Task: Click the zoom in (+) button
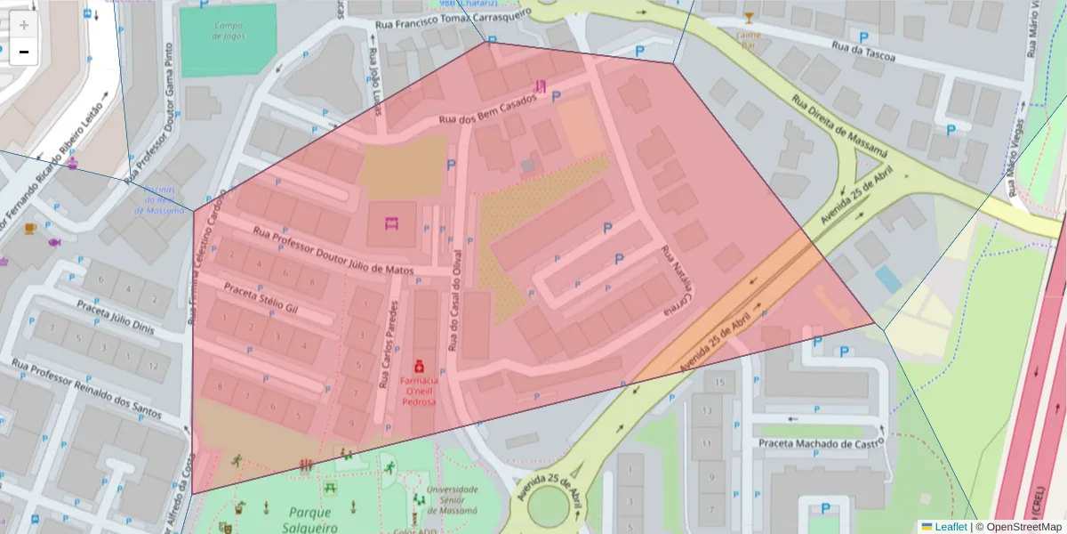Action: pyautogui.click(x=24, y=25)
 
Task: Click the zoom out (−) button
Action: pyautogui.click(x=24, y=52)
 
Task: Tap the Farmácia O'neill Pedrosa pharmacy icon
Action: pyautogui.click(x=417, y=365)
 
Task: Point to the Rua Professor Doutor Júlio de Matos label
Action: pyautogui.click(x=333, y=250)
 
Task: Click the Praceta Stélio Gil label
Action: pyautogui.click(x=261, y=299)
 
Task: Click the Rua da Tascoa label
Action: pyautogui.click(x=862, y=53)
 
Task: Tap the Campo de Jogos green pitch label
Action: pyautogui.click(x=229, y=30)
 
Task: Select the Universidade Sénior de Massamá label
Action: pyautogui.click(x=453, y=499)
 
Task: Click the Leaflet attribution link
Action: pyautogui.click(x=951, y=527)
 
